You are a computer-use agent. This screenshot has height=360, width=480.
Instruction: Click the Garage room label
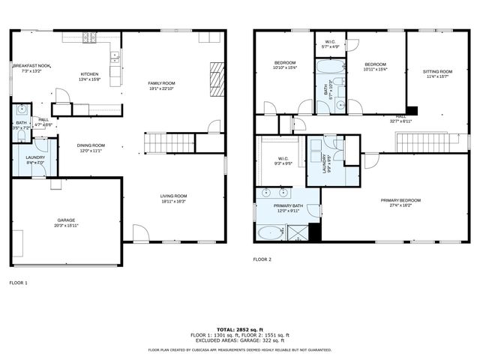pyautogui.click(x=66, y=220)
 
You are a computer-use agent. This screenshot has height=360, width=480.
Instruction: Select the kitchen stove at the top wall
pyautogui.click(x=91, y=36)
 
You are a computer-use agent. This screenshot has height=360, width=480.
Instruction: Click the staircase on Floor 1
pyautogui.click(x=169, y=142)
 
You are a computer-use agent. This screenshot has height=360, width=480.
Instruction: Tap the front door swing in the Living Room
pyautogui.click(x=141, y=234)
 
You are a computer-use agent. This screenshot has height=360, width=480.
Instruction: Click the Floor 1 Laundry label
pyautogui.click(x=35, y=157)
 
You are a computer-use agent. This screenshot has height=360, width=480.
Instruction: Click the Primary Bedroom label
pyautogui.click(x=400, y=200)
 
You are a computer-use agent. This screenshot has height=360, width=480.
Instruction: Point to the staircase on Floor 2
pyautogui.click(x=425, y=142)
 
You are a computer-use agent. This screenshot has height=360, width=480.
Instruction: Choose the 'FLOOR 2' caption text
pyautogui.click(x=262, y=258)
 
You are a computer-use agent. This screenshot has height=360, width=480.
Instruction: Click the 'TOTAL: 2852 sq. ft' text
pyautogui.click(x=240, y=329)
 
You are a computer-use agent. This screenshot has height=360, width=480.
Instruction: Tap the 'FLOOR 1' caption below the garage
pyautogui.click(x=18, y=283)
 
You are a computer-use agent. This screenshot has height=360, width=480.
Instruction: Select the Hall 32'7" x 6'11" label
pyautogui.click(x=400, y=117)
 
